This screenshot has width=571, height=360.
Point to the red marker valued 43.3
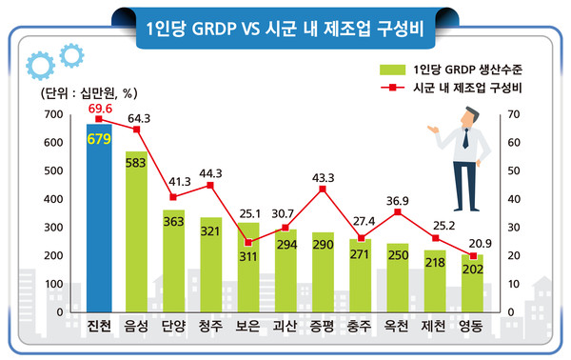(x=323, y=189)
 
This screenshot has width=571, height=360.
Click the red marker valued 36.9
(x=398, y=210)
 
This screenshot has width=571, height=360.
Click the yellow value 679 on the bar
(x=99, y=139)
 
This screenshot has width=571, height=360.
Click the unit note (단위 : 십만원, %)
(x=89, y=93)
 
